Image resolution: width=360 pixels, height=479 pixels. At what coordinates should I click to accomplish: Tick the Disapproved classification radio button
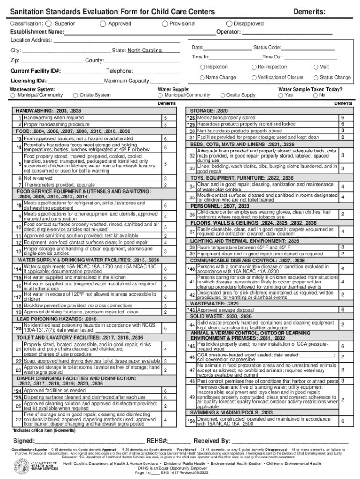[x=229, y=23]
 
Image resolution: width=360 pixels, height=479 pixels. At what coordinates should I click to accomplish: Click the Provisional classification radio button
[x=165, y=23]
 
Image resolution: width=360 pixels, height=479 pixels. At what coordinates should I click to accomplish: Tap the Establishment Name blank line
[x=140, y=32]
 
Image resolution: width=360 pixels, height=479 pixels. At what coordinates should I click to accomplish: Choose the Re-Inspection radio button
[x=254, y=67]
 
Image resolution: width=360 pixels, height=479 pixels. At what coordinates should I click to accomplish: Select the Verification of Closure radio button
[x=254, y=78]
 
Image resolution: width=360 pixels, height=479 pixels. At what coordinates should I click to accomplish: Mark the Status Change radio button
[x=317, y=78]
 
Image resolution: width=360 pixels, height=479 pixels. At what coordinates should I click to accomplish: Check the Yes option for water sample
[x=281, y=95]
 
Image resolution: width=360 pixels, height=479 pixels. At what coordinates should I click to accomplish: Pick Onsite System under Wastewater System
[x=76, y=95]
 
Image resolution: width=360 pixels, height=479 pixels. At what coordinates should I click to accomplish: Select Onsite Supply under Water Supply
[x=223, y=95]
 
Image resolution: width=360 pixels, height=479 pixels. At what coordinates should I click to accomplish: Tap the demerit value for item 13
[x=165, y=251]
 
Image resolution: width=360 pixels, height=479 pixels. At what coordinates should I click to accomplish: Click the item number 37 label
[x=192, y=232]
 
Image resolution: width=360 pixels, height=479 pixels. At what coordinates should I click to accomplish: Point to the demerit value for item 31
[x=342, y=138]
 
